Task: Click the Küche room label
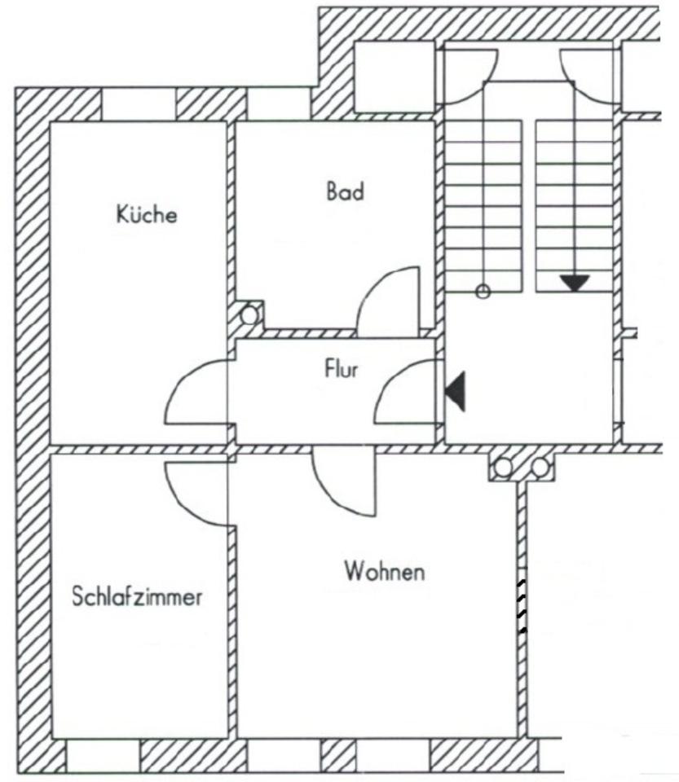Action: (x=147, y=216)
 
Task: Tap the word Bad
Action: (x=345, y=192)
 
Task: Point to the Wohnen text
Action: (x=384, y=571)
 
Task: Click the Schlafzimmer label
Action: (x=137, y=597)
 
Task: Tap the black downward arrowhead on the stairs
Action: (x=575, y=283)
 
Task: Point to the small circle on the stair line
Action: (x=483, y=291)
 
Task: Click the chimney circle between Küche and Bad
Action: (x=250, y=313)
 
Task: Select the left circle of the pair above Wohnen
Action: (x=504, y=468)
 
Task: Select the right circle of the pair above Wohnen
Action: (x=540, y=468)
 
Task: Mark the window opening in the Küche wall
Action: (x=139, y=104)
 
